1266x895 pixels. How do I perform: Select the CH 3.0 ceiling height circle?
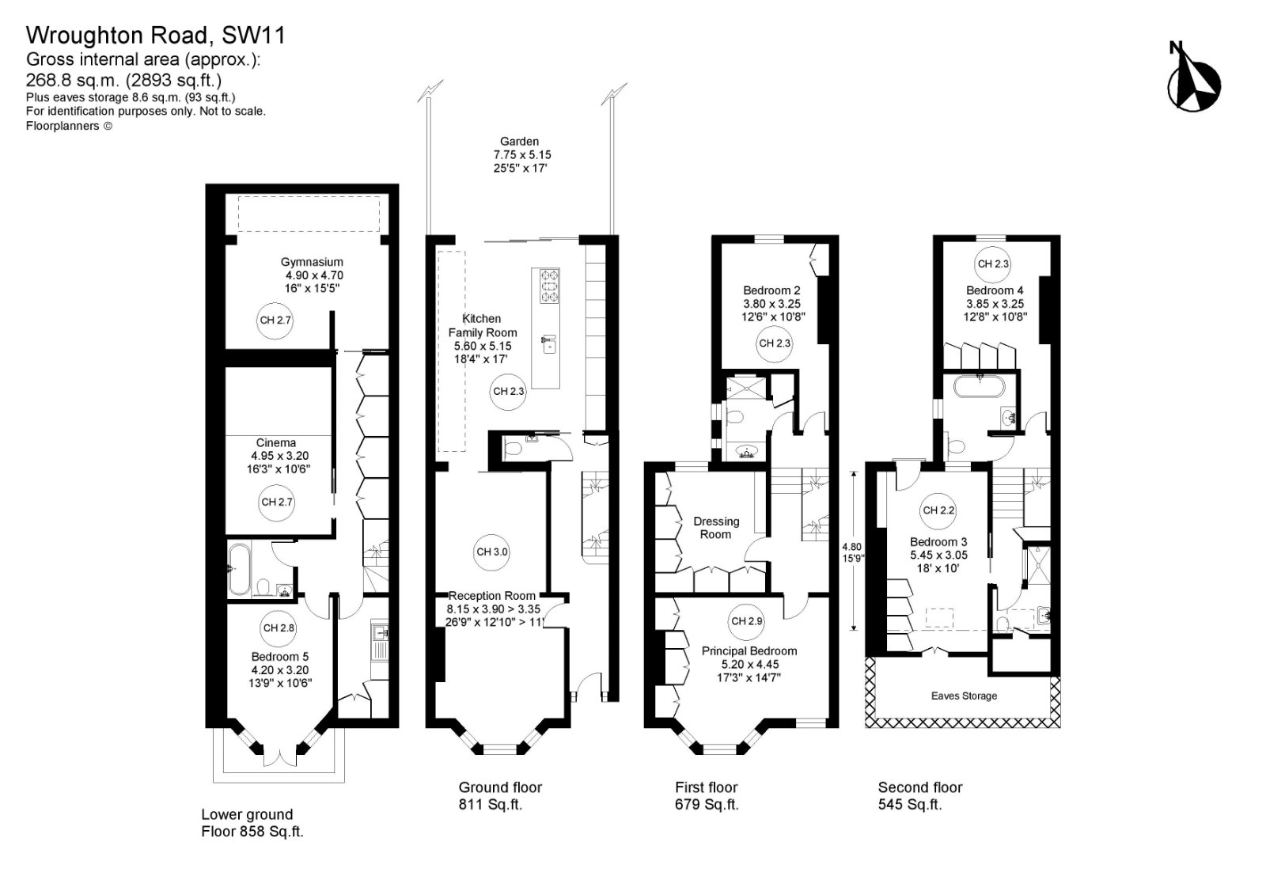coord(491,552)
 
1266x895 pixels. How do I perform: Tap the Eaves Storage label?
coord(964,696)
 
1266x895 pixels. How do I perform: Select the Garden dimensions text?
coord(521,161)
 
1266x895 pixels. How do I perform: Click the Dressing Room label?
coord(716,528)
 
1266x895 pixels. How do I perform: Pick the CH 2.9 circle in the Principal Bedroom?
coord(747,621)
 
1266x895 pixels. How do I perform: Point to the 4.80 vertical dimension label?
coord(851,552)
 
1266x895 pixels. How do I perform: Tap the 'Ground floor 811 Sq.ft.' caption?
coord(500,796)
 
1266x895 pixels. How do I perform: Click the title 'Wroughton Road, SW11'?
coord(156,36)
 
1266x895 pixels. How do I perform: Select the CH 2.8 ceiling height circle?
coord(279,628)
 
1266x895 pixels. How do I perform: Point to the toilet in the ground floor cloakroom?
coord(513,449)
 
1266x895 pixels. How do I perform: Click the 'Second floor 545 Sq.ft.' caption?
coord(919,796)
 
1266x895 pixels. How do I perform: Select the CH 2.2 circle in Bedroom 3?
coord(938,510)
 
